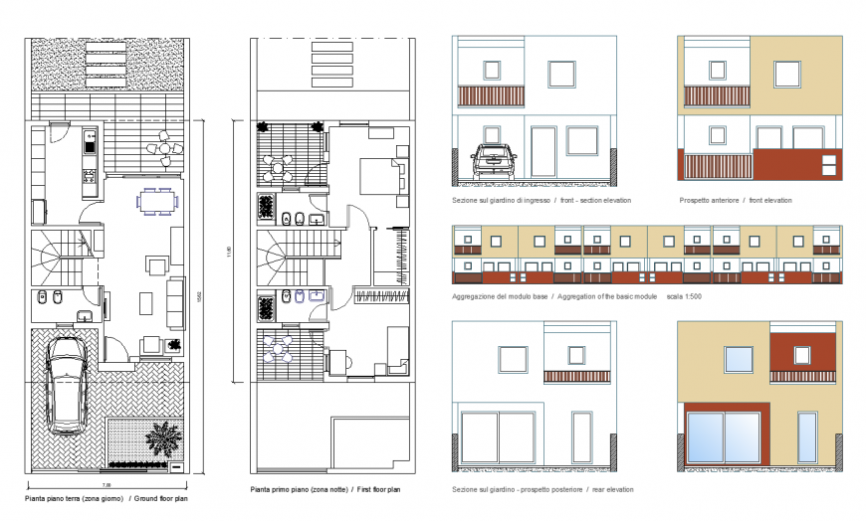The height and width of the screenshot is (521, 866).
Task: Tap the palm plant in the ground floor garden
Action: pos(158,436)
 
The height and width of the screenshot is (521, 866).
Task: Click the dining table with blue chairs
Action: pos(155,200)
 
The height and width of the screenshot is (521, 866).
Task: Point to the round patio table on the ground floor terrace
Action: pos(162,149)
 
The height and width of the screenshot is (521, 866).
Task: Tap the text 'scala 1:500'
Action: pos(684,297)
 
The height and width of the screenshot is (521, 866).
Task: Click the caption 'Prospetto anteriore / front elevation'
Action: pos(736,200)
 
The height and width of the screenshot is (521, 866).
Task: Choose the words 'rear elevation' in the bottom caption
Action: pos(611,489)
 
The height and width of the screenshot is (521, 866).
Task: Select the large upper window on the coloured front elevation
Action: pos(786,73)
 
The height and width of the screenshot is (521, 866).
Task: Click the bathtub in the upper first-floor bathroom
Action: pos(267,207)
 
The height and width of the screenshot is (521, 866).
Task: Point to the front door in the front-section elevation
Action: pos(542,150)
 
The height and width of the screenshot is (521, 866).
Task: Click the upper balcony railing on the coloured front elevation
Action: pos(716,96)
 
